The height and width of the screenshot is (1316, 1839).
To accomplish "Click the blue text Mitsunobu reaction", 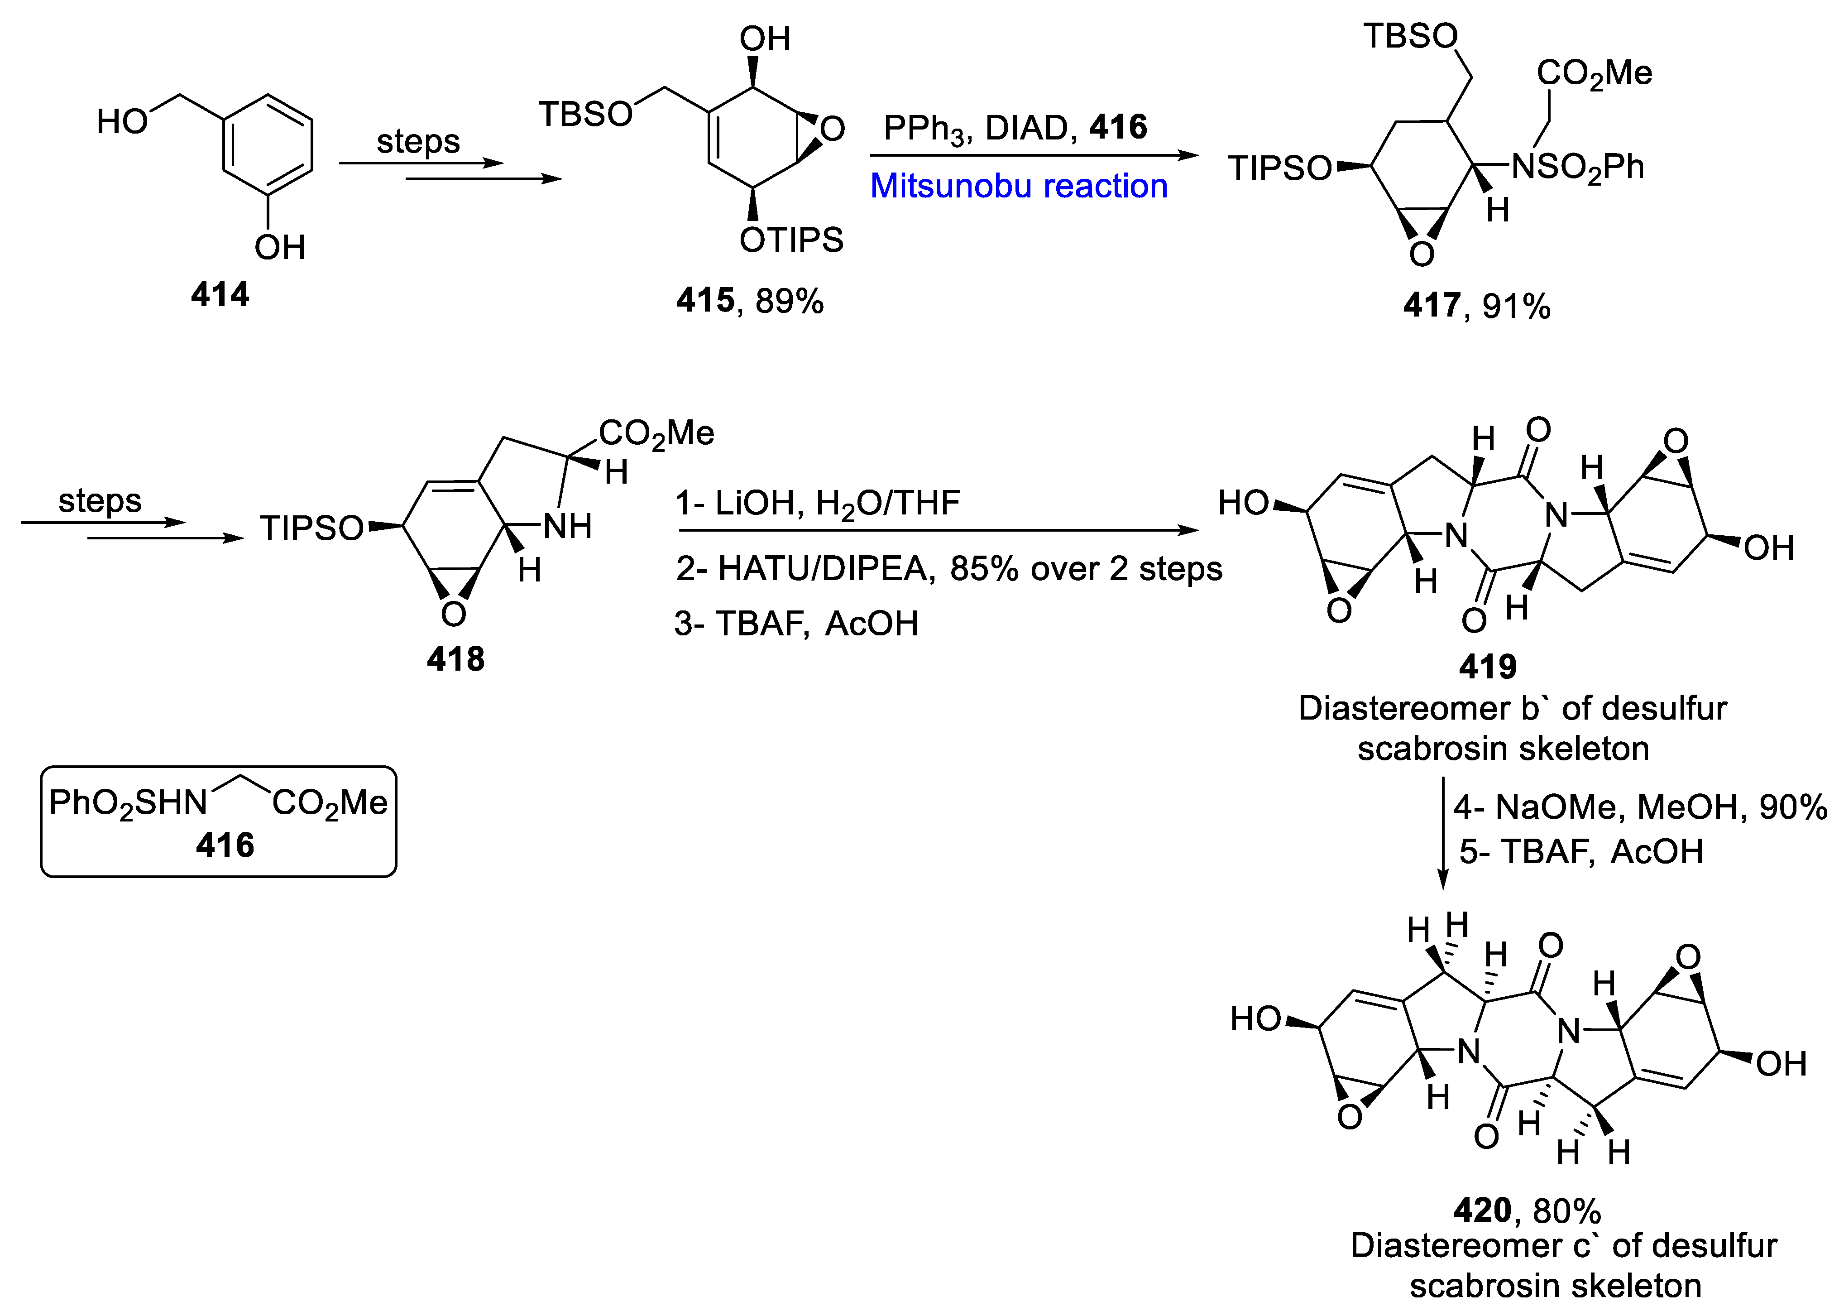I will (1018, 187).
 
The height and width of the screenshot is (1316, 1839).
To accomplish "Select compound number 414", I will (220, 294).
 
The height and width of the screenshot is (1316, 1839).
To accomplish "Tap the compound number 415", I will (705, 301).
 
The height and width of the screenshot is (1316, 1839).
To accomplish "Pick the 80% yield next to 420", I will (1566, 1210).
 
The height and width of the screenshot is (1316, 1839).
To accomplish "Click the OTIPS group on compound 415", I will (791, 240).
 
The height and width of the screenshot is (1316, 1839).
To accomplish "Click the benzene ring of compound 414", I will (268, 146).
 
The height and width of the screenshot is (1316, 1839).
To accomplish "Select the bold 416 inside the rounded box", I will (225, 845).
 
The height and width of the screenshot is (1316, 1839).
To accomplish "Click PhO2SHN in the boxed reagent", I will (128, 803).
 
